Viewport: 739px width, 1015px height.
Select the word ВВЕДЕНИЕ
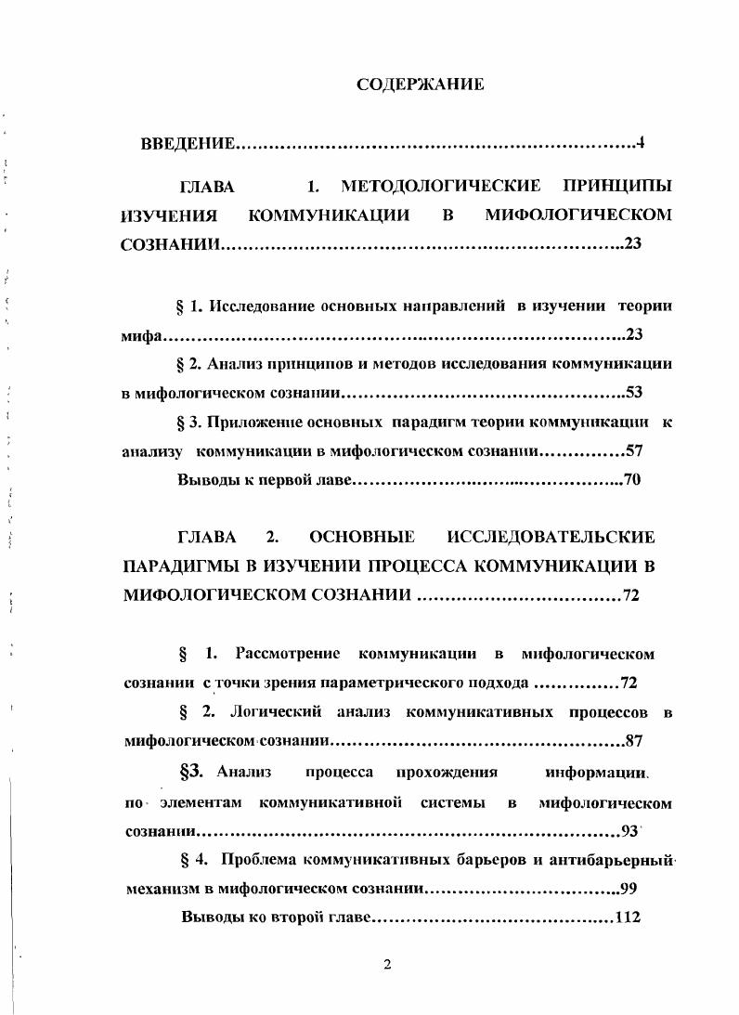coord(188,144)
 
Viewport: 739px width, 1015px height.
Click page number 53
coord(635,393)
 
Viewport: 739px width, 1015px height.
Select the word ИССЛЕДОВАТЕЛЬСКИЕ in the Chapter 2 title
coord(551,538)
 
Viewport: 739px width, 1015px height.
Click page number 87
coord(635,741)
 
